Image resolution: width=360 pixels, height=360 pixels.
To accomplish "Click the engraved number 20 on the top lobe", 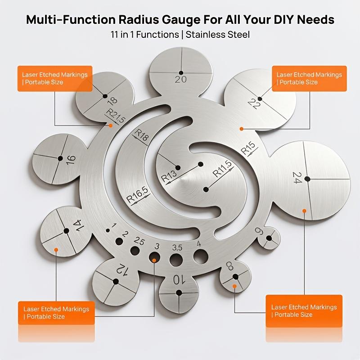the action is tap(181, 80).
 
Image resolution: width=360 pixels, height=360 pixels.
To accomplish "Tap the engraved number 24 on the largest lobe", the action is tap(297, 178).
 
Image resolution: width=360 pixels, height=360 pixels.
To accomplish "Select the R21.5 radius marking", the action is tap(115, 116).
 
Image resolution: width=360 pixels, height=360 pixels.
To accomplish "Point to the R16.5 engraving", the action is tap(138, 195).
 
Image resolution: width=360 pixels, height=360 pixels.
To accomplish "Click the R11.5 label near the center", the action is tap(222, 169).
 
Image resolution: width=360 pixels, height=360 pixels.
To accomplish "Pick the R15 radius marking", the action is tap(248, 148).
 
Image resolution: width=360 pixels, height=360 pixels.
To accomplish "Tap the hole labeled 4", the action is tap(201, 256).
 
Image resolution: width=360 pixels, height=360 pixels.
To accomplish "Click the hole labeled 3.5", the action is tap(176, 260).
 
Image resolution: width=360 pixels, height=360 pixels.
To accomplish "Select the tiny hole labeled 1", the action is tap(108, 230).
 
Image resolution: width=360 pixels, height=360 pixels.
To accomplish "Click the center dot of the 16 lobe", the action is tap(60, 158).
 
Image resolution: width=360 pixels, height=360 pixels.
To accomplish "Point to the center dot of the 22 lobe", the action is tap(260, 99).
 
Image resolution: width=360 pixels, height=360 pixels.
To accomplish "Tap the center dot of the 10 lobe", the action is tap(179, 293).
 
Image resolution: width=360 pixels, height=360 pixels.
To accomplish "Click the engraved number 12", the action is tap(121, 269).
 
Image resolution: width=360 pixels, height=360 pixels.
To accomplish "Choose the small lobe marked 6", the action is tap(269, 238).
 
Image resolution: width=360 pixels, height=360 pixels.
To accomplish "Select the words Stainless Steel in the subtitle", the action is tap(218, 35).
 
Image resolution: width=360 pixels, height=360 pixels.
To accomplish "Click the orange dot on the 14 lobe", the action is tap(56, 250).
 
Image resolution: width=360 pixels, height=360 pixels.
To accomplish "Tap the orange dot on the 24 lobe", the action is tap(304, 211).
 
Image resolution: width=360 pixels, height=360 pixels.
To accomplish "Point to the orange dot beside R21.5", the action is tap(111, 126).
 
